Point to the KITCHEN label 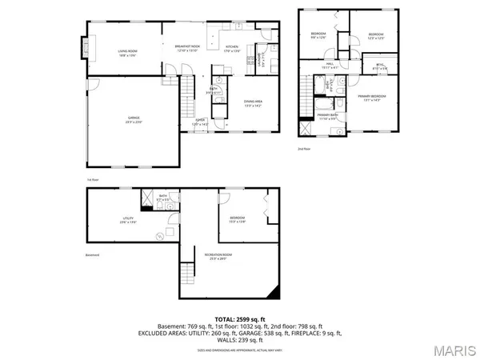(232, 47)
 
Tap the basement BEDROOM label (238, 218)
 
